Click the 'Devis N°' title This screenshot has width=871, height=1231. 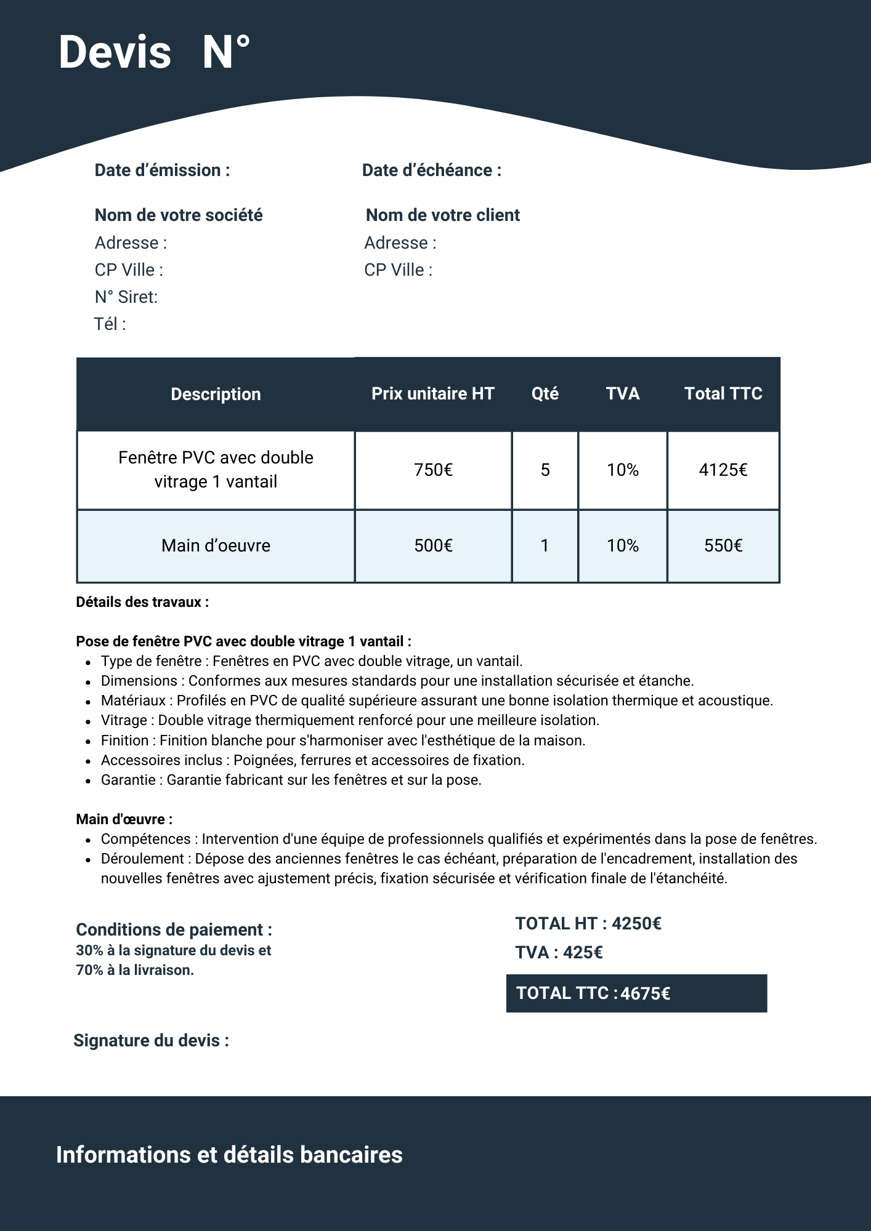tap(154, 52)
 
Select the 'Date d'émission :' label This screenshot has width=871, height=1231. tap(162, 170)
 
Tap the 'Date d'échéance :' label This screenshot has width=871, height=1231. tap(431, 170)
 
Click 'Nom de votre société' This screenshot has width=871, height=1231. tap(179, 215)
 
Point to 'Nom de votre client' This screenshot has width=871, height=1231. tap(442, 215)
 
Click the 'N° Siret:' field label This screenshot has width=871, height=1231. tap(126, 297)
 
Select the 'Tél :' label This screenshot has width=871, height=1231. tap(110, 324)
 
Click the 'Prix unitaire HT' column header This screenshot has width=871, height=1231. tap(432, 394)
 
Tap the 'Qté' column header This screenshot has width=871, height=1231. tap(545, 394)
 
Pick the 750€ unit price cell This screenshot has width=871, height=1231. tap(433, 470)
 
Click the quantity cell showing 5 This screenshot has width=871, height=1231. tap(545, 470)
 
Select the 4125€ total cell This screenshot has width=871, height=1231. tap(723, 470)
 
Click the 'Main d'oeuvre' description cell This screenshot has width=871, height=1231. tap(216, 546)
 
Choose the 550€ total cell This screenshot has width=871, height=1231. tap(723, 546)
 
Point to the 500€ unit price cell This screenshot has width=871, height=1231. tap(433, 546)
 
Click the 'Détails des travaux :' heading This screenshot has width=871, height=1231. tap(142, 603)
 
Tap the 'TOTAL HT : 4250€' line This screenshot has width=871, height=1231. tap(588, 924)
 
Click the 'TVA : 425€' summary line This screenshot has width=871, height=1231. tap(559, 953)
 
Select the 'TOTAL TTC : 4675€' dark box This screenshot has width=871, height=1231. tap(636, 993)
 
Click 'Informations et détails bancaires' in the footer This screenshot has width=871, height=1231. tap(229, 1155)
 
